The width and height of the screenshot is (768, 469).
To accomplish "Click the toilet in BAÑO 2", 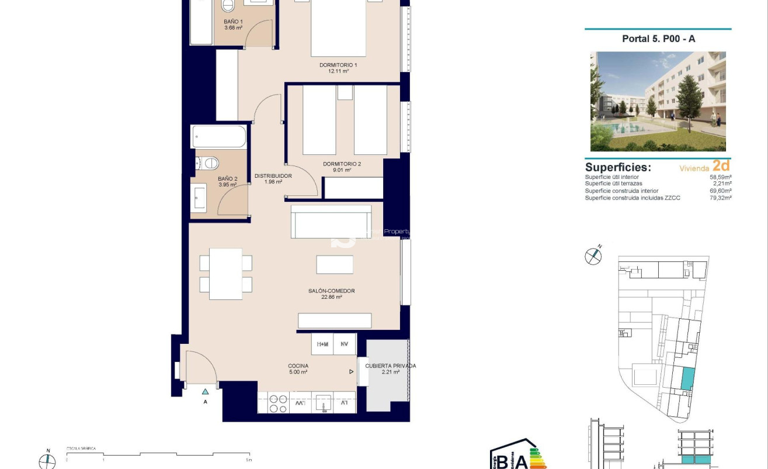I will [209, 163].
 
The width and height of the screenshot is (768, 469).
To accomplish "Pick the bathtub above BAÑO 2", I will [219, 137].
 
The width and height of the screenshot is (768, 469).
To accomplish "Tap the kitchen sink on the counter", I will [323, 403].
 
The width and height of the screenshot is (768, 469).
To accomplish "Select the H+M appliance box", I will [322, 344].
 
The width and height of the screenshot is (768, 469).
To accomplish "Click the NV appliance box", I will [345, 344].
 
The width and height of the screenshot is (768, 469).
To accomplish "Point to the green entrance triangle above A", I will [205, 392].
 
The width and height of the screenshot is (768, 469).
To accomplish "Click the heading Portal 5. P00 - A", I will [658, 39].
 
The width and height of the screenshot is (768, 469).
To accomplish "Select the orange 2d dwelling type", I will [721, 166].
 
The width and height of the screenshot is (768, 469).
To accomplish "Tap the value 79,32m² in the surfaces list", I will [721, 198].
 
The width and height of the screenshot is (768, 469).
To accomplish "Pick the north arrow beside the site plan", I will [593, 255].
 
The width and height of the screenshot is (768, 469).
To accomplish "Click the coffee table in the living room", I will [335, 264].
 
